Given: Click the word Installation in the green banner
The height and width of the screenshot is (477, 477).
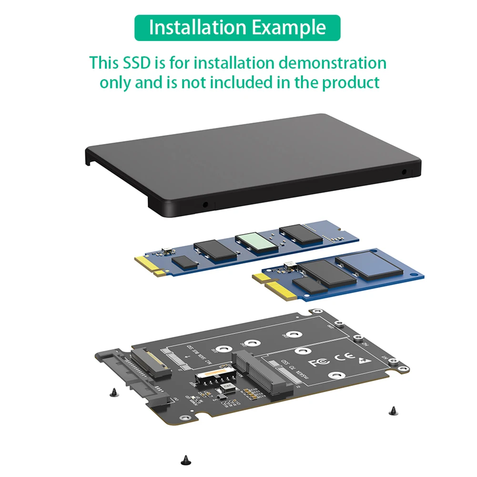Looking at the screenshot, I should pos(198,28).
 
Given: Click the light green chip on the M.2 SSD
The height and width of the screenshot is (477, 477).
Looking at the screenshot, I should pos(257,242).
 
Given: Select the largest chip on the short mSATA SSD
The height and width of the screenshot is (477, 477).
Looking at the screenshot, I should pos(368,265).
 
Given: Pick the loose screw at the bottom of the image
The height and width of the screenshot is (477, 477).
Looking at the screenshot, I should pos(185,460).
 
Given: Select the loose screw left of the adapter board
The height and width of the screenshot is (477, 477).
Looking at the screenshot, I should pos(113,392).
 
